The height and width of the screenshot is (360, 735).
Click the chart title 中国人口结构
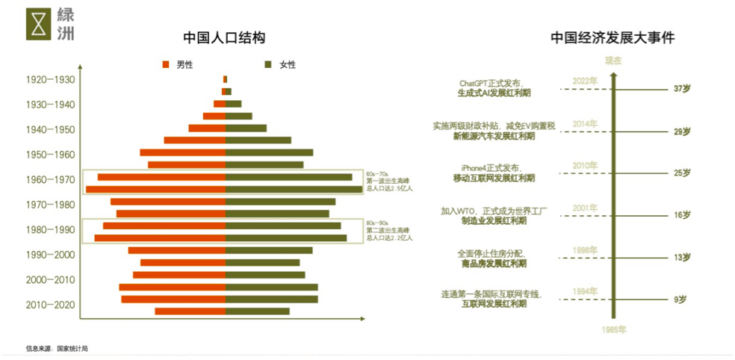pos(224,37)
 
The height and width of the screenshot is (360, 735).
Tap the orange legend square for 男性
pos(167,65)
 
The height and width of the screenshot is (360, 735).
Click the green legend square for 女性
pos(270,65)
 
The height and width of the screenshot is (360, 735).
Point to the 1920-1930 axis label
pos(50,80)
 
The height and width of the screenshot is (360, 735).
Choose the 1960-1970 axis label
pos(50,180)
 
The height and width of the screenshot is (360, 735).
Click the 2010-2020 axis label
pos(50,305)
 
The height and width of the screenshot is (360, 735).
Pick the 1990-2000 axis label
pos(50,255)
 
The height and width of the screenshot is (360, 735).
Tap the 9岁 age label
pos(680,300)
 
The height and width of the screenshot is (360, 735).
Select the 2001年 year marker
pos(585,208)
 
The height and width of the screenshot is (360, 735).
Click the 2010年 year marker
pos(585,165)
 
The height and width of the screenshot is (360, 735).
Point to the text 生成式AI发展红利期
pos(496,94)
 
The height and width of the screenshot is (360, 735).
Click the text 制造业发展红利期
pos(494,222)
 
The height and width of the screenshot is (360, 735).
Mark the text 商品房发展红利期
pos(494,264)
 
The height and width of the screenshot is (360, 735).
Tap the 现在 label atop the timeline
pos(613,60)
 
